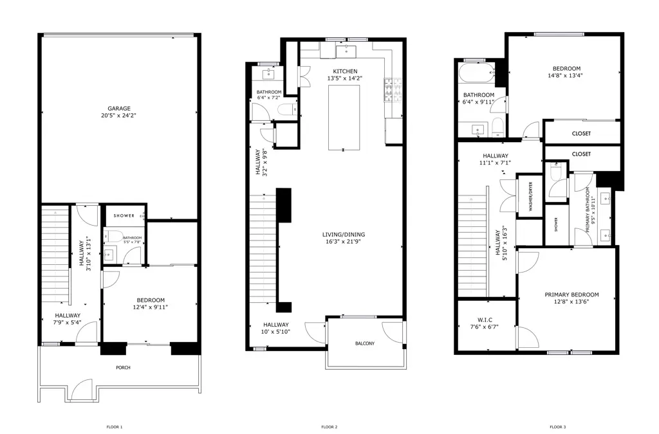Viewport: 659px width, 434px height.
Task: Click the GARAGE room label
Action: pos(118,108)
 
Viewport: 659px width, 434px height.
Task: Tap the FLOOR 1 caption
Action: pos(114,427)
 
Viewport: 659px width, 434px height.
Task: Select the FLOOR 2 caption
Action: pos(329,427)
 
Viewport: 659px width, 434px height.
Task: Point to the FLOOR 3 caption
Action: pos(558,427)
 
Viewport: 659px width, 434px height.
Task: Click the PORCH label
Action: pos(123,368)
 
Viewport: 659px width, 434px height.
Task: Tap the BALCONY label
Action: pos(364,343)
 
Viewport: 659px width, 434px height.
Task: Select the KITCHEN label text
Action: pos(345,71)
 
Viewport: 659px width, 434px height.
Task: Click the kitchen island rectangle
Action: pos(344,117)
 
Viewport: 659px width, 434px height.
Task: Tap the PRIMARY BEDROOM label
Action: pos(567,294)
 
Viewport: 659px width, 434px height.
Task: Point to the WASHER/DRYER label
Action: pos(531,197)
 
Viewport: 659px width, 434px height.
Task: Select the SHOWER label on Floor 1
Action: pos(124,215)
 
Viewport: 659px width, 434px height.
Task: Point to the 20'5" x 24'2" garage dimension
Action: pos(118,115)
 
